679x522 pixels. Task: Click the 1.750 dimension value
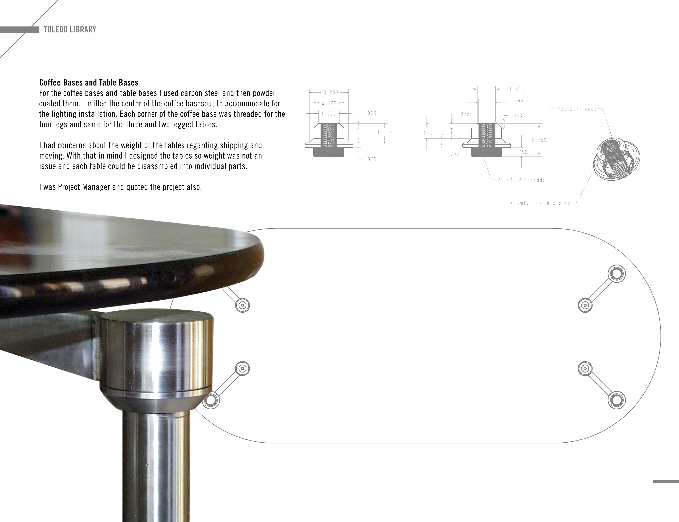329,114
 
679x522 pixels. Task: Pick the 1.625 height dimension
385,132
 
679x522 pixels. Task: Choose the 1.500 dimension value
516,89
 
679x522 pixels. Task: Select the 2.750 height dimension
539,140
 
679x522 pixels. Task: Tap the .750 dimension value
521,153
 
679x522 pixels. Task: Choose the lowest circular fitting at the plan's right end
617,400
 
